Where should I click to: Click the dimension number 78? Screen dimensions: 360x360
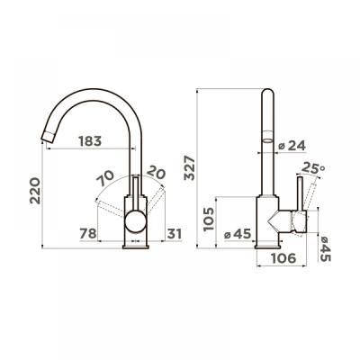[88, 235]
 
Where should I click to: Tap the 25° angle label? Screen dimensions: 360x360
[314, 167]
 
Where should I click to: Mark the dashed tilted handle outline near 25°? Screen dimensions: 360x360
[309, 193]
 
